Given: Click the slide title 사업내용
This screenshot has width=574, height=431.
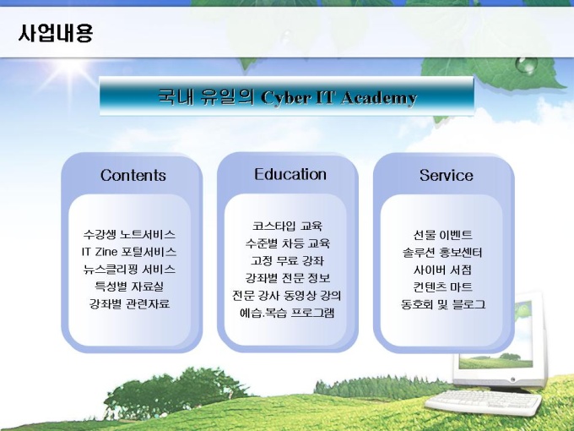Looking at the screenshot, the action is (56, 33).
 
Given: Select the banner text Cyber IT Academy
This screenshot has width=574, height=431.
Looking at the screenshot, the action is (338, 97).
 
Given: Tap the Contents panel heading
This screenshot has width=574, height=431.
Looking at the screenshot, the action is (133, 175).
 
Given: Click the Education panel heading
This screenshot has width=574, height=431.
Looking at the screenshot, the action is (290, 174).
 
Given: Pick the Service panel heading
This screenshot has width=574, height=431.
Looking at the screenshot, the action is (447, 175).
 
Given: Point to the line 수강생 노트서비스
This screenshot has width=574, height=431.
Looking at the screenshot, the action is (129, 235).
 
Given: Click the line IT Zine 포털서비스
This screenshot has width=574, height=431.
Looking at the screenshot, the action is (129, 252).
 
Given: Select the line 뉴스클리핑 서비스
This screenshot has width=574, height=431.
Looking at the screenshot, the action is (129, 270).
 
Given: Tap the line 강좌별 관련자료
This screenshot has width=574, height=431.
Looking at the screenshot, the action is (130, 304).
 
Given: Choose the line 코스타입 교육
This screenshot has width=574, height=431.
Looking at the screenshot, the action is (287, 226).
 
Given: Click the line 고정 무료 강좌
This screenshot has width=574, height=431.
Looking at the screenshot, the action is (287, 260).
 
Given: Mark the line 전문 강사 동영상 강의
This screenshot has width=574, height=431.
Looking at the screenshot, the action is (287, 296).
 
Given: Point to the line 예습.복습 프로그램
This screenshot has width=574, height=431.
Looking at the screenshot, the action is (287, 313).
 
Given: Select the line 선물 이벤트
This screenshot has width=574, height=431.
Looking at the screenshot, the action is (443, 235).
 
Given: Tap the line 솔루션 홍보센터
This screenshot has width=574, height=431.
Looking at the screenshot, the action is (442, 253).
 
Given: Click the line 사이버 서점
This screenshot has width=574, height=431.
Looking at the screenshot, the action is (442, 270).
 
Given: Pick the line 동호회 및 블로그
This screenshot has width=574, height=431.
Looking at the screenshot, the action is (443, 304).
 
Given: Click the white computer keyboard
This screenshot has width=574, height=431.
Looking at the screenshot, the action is (483, 402).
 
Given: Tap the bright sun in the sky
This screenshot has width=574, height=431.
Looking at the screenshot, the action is (69, 72).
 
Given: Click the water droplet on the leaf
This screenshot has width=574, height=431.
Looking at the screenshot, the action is (527, 65).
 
